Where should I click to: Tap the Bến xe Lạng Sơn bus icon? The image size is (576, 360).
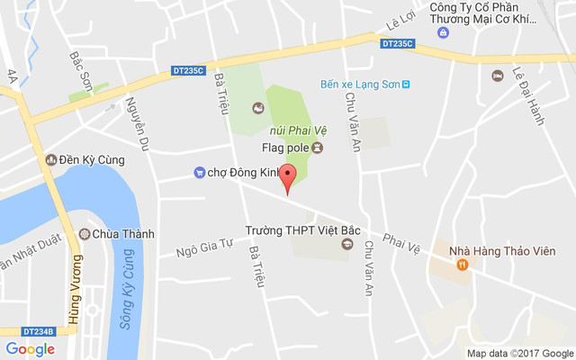point(406,85)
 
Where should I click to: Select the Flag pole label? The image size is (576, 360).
point(285,148)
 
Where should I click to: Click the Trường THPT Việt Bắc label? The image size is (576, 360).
point(302,229)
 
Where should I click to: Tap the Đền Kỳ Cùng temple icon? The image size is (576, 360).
point(50,160)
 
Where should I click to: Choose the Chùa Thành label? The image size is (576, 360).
point(123,234)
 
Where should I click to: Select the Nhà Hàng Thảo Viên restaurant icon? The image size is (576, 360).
point(462,264)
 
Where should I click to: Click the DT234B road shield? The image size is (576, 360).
point(37,331)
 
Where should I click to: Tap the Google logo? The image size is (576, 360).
point(30,349)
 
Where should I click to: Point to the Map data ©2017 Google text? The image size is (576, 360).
point(519,353)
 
